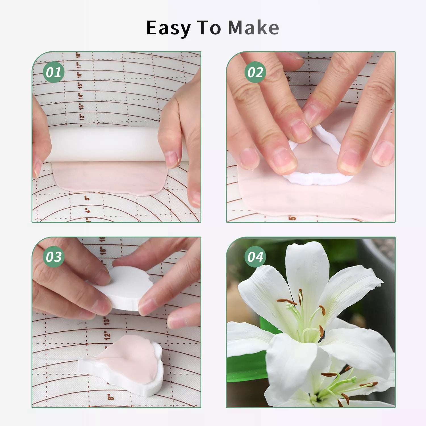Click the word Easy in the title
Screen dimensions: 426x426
(169, 28)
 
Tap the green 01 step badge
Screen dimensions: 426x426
(53, 72)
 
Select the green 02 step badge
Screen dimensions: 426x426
(255, 72)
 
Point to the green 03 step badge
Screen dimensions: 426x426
(53, 257)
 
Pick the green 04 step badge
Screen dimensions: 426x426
(255, 257)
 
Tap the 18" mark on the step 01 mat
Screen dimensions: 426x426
(79, 55)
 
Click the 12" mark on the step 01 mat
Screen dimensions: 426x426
(82, 116)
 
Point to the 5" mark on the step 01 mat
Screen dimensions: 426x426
(87, 198)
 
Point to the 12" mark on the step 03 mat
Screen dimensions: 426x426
(107, 335)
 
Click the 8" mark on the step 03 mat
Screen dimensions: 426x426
(111, 396)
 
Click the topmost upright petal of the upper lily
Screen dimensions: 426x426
(307, 273)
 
